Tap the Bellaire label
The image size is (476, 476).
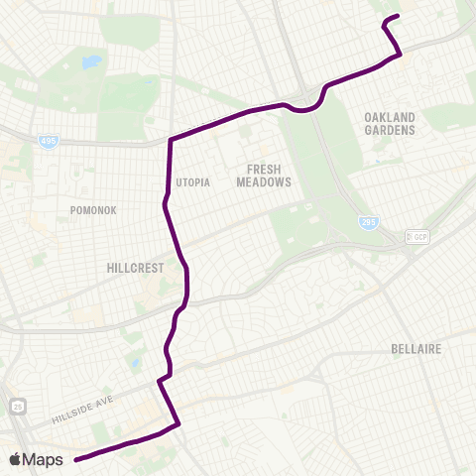click(416, 350)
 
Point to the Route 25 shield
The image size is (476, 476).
click(18, 407)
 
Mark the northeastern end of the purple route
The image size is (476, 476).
click(398, 16)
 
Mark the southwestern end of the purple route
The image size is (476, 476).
click(76, 458)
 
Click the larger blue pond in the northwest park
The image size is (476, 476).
click(91, 62)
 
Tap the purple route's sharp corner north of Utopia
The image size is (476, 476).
click(172, 140)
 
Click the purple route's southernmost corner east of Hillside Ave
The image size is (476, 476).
click(178, 425)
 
